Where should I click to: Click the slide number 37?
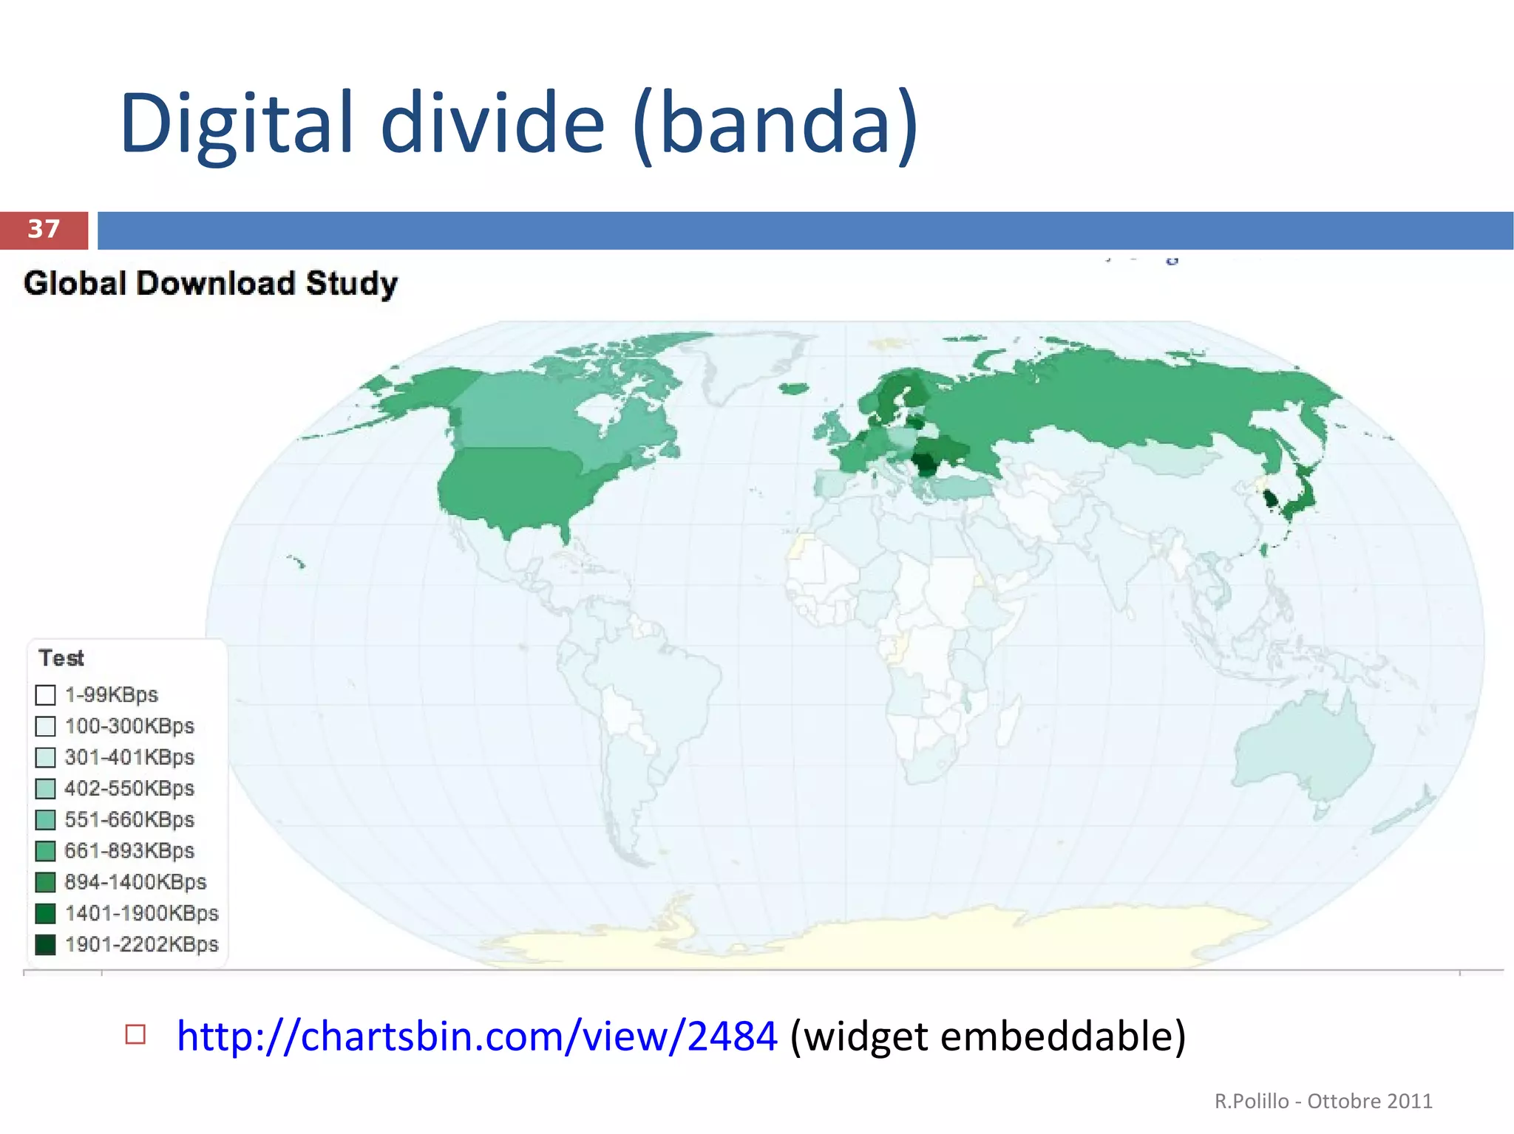(44, 229)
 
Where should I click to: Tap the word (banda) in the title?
(775, 123)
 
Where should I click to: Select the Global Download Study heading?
(211, 284)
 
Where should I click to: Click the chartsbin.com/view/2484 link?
(477, 1036)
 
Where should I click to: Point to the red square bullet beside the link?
(135, 1034)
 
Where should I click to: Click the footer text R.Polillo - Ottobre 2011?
(1323, 1101)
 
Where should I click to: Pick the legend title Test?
(61, 658)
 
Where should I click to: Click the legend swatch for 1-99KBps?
(46, 695)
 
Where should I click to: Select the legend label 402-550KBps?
(129, 788)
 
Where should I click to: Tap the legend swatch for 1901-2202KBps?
(46, 945)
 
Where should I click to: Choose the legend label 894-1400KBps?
(135, 882)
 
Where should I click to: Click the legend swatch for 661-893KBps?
(46, 851)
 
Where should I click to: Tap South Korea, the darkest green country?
(1271, 499)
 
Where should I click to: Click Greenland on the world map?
(747, 362)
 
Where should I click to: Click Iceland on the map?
(793, 389)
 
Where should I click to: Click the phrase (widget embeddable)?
(988, 1036)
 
